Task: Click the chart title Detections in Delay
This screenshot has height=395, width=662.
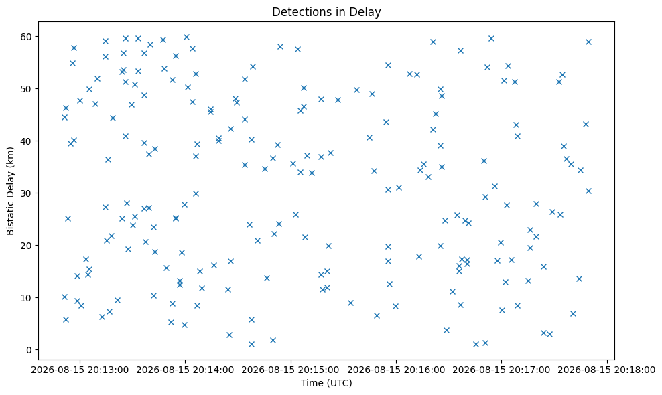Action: [x=326, y=12]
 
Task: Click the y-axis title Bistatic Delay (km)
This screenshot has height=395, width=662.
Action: [x=10, y=191]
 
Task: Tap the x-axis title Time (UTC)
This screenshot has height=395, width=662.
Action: [x=326, y=383]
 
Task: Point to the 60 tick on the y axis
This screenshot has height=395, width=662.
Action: [x=27, y=37]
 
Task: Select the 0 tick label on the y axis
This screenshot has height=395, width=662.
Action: [x=29, y=350]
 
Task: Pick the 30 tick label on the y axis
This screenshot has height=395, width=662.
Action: [x=27, y=193]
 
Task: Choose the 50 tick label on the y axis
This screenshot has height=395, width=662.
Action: [x=27, y=89]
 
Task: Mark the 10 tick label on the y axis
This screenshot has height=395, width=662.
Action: [x=27, y=298]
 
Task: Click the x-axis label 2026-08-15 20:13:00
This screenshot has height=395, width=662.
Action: [x=79, y=370]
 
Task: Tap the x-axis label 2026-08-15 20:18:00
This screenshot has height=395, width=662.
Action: [x=607, y=370]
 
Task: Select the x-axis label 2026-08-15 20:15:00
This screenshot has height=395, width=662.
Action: [x=291, y=370]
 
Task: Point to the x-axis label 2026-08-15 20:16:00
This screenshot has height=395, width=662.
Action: [x=396, y=370]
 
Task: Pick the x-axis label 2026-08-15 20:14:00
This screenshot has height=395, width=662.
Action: [x=185, y=370]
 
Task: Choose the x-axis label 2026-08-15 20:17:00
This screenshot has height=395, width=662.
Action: [x=502, y=370]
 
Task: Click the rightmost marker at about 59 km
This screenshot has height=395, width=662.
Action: [x=588, y=42]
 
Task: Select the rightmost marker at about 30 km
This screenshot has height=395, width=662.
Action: [x=588, y=191]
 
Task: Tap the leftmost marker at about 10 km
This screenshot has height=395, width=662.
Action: [x=64, y=297]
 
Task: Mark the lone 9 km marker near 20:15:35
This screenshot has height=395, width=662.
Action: [x=350, y=303]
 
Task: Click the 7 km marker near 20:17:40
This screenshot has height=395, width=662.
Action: [x=573, y=313]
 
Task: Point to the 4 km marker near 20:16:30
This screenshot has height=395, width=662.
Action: [x=446, y=331]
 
